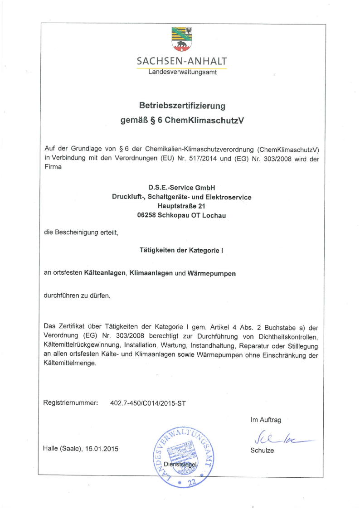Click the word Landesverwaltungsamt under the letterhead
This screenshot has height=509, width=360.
(182, 72)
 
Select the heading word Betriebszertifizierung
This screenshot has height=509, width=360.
(182, 106)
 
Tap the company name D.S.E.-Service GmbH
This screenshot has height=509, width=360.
(181, 187)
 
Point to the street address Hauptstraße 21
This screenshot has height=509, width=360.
(181, 206)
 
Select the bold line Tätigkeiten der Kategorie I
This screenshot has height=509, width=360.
(181, 250)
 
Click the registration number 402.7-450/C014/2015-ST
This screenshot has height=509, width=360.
(148, 402)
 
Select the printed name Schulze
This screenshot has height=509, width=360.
(262, 451)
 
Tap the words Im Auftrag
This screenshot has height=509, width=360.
(266, 420)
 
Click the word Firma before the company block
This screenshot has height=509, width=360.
(52, 167)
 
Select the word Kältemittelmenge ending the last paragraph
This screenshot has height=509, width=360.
(70, 364)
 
